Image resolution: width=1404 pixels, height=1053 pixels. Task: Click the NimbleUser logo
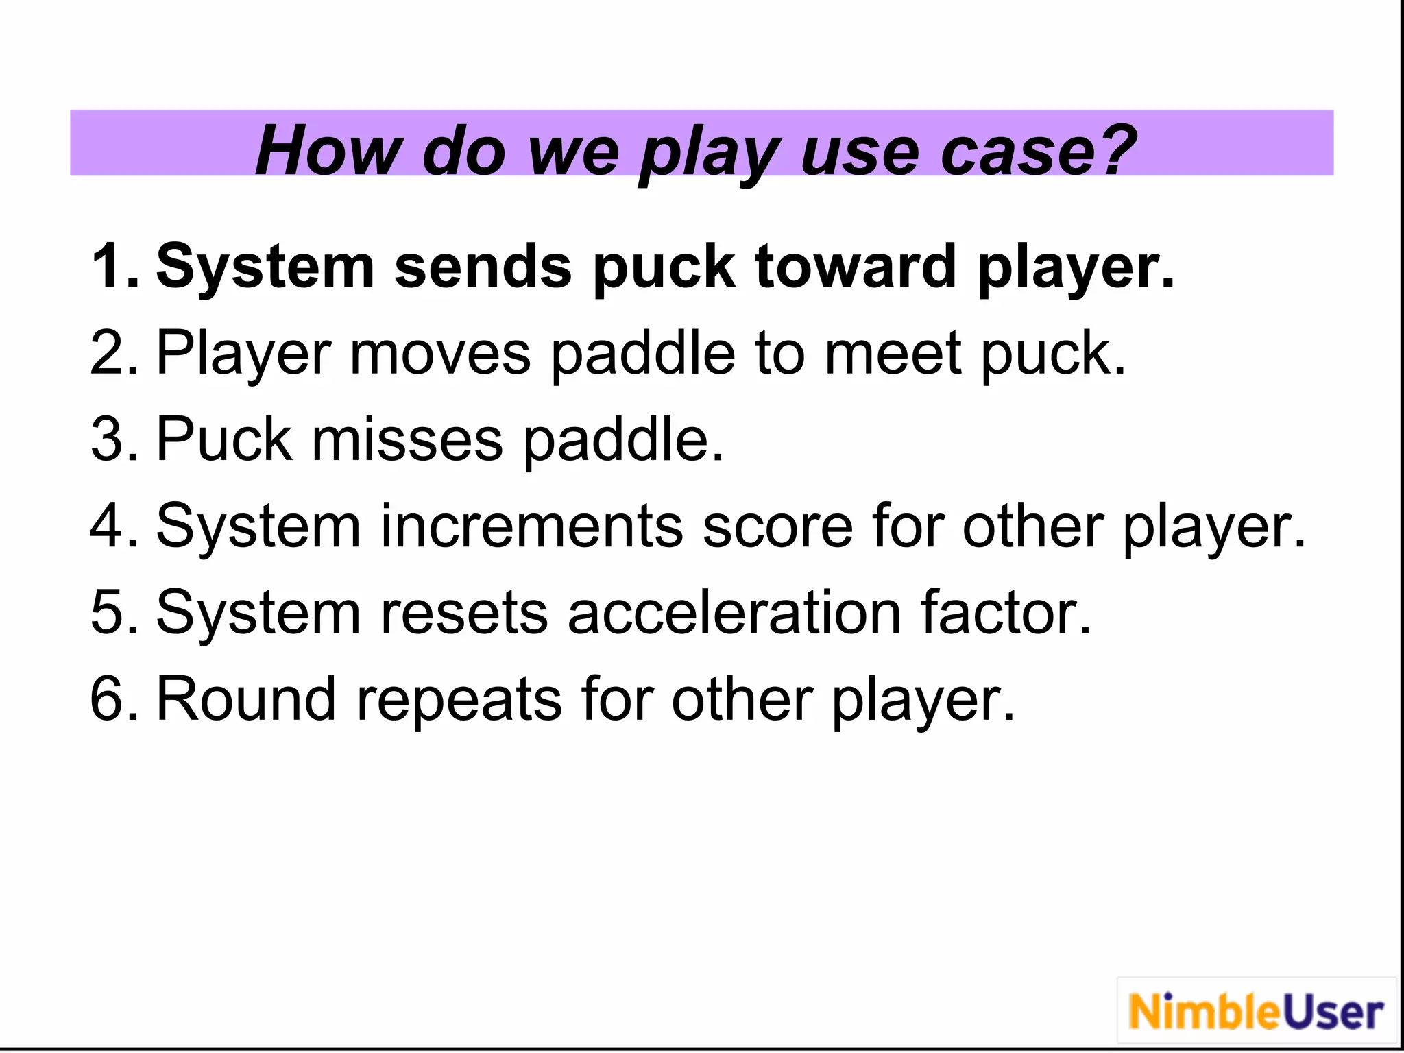tap(1256, 1012)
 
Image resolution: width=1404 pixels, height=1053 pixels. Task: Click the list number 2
tap(113, 352)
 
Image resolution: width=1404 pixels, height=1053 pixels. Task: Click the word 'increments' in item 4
tap(531, 526)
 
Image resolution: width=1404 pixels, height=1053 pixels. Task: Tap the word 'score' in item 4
tap(777, 526)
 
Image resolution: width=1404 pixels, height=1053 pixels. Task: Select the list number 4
tap(113, 526)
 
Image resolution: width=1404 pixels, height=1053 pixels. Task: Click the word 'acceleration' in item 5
tap(734, 612)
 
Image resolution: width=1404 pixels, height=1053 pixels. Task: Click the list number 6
tap(113, 699)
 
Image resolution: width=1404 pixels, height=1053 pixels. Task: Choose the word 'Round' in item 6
tap(246, 699)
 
